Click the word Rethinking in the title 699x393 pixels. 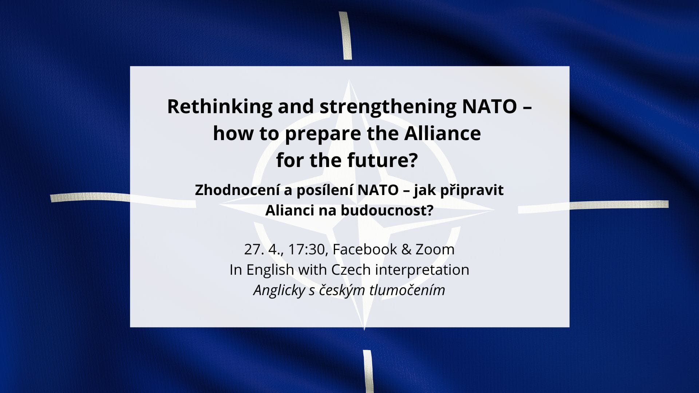tap(219, 107)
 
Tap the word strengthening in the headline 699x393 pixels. tap(388, 107)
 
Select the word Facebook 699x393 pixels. tap(365, 250)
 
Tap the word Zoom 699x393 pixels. tap(435, 250)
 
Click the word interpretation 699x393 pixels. tap(422, 270)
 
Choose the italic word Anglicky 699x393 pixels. tap(279, 290)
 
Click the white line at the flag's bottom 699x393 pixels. tap(368, 371)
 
